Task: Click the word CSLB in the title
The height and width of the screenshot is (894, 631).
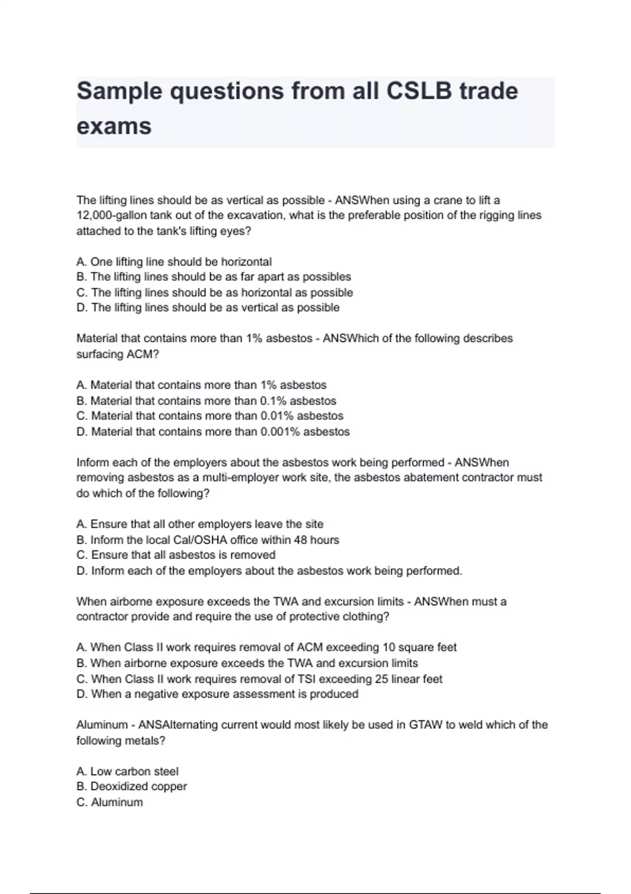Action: (419, 91)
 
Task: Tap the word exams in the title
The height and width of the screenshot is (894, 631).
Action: (114, 126)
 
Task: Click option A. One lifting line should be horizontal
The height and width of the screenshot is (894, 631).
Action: (174, 262)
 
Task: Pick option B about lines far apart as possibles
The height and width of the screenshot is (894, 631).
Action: (213, 277)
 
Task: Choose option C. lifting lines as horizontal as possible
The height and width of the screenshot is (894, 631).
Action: (215, 292)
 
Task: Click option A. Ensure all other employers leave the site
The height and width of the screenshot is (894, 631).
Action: (200, 524)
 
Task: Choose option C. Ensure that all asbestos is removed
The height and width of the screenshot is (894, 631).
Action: (176, 555)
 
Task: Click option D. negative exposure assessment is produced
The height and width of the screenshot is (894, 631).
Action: (217, 694)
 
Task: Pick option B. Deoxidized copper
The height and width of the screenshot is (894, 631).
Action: (131, 787)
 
